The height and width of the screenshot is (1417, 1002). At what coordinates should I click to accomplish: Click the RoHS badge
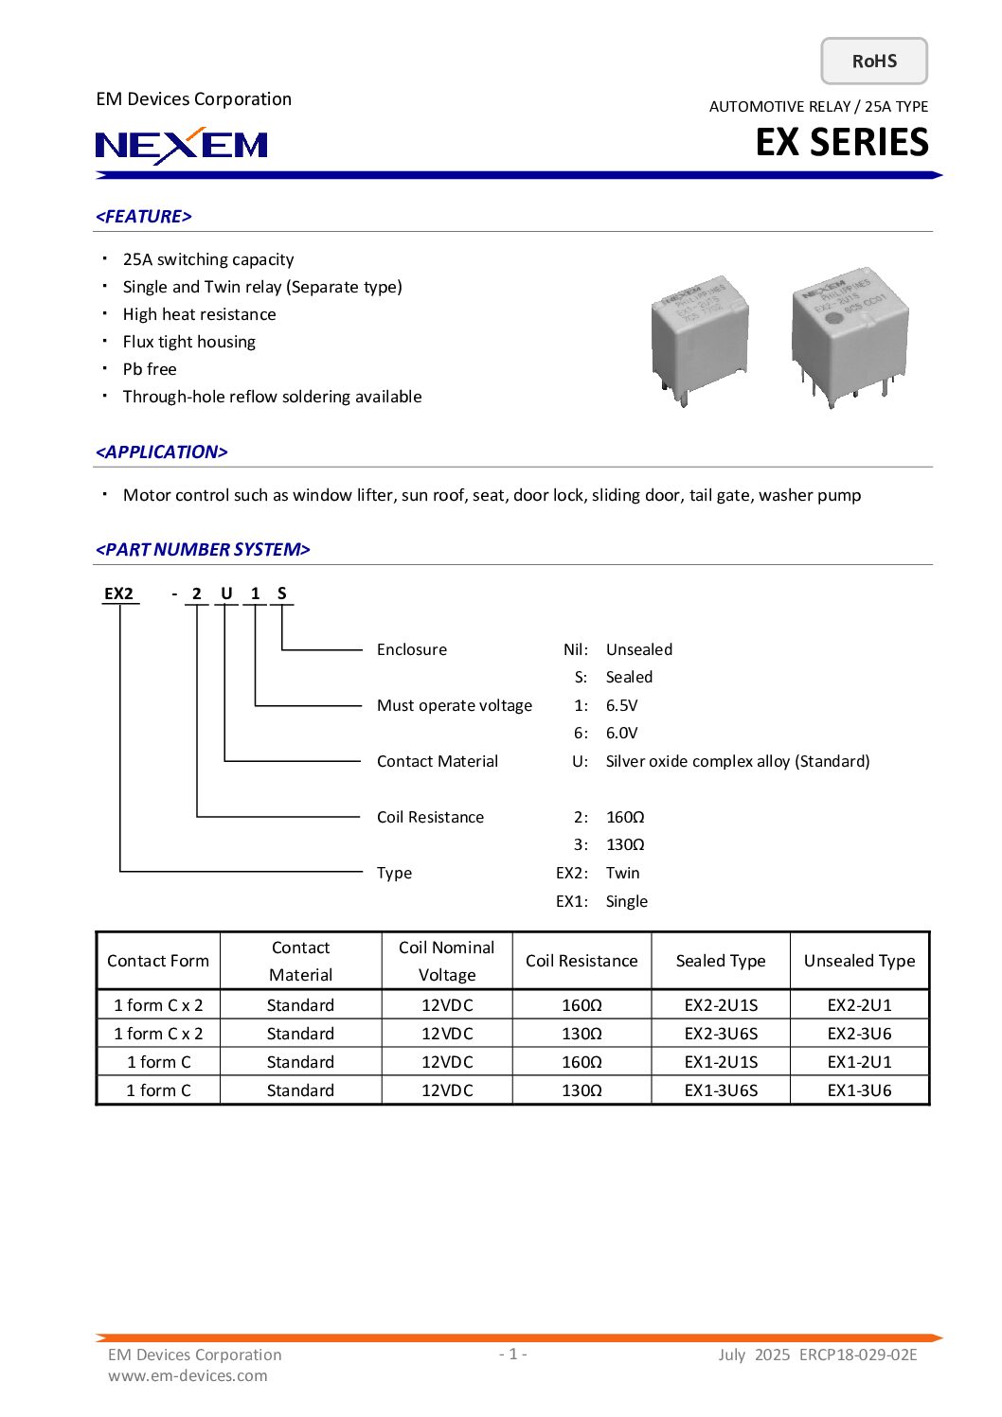click(x=873, y=62)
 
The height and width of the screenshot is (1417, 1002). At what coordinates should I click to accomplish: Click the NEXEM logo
click(x=182, y=145)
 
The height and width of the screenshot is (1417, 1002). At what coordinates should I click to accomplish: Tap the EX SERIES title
click(x=841, y=143)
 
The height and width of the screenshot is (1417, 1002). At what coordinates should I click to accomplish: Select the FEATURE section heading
click(x=144, y=217)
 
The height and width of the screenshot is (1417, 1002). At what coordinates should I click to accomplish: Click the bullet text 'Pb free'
click(x=150, y=369)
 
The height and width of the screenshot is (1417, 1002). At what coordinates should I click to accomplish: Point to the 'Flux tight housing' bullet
click(x=189, y=342)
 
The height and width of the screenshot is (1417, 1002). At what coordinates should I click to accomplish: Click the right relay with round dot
click(x=849, y=333)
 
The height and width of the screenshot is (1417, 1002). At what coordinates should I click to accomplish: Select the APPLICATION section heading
click(x=162, y=452)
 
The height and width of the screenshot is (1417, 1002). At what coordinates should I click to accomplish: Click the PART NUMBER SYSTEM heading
click(x=203, y=550)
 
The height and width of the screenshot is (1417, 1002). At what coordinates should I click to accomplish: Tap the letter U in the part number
click(x=226, y=593)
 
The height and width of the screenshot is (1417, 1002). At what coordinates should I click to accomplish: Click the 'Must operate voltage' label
click(x=455, y=705)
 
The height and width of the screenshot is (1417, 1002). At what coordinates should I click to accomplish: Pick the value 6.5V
click(x=622, y=705)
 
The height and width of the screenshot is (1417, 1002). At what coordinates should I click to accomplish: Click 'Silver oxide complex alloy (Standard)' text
click(x=737, y=761)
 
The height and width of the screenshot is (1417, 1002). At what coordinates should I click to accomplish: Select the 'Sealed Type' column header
click(x=721, y=961)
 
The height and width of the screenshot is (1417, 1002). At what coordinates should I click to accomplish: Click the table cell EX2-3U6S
click(x=721, y=1034)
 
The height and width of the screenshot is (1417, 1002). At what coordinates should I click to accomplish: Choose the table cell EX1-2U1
click(x=859, y=1062)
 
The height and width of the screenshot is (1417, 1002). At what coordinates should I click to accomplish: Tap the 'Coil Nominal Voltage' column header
click(x=447, y=961)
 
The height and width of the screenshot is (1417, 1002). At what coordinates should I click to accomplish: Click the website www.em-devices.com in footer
click(x=188, y=1375)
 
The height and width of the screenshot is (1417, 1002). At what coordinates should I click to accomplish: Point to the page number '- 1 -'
click(x=513, y=1354)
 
